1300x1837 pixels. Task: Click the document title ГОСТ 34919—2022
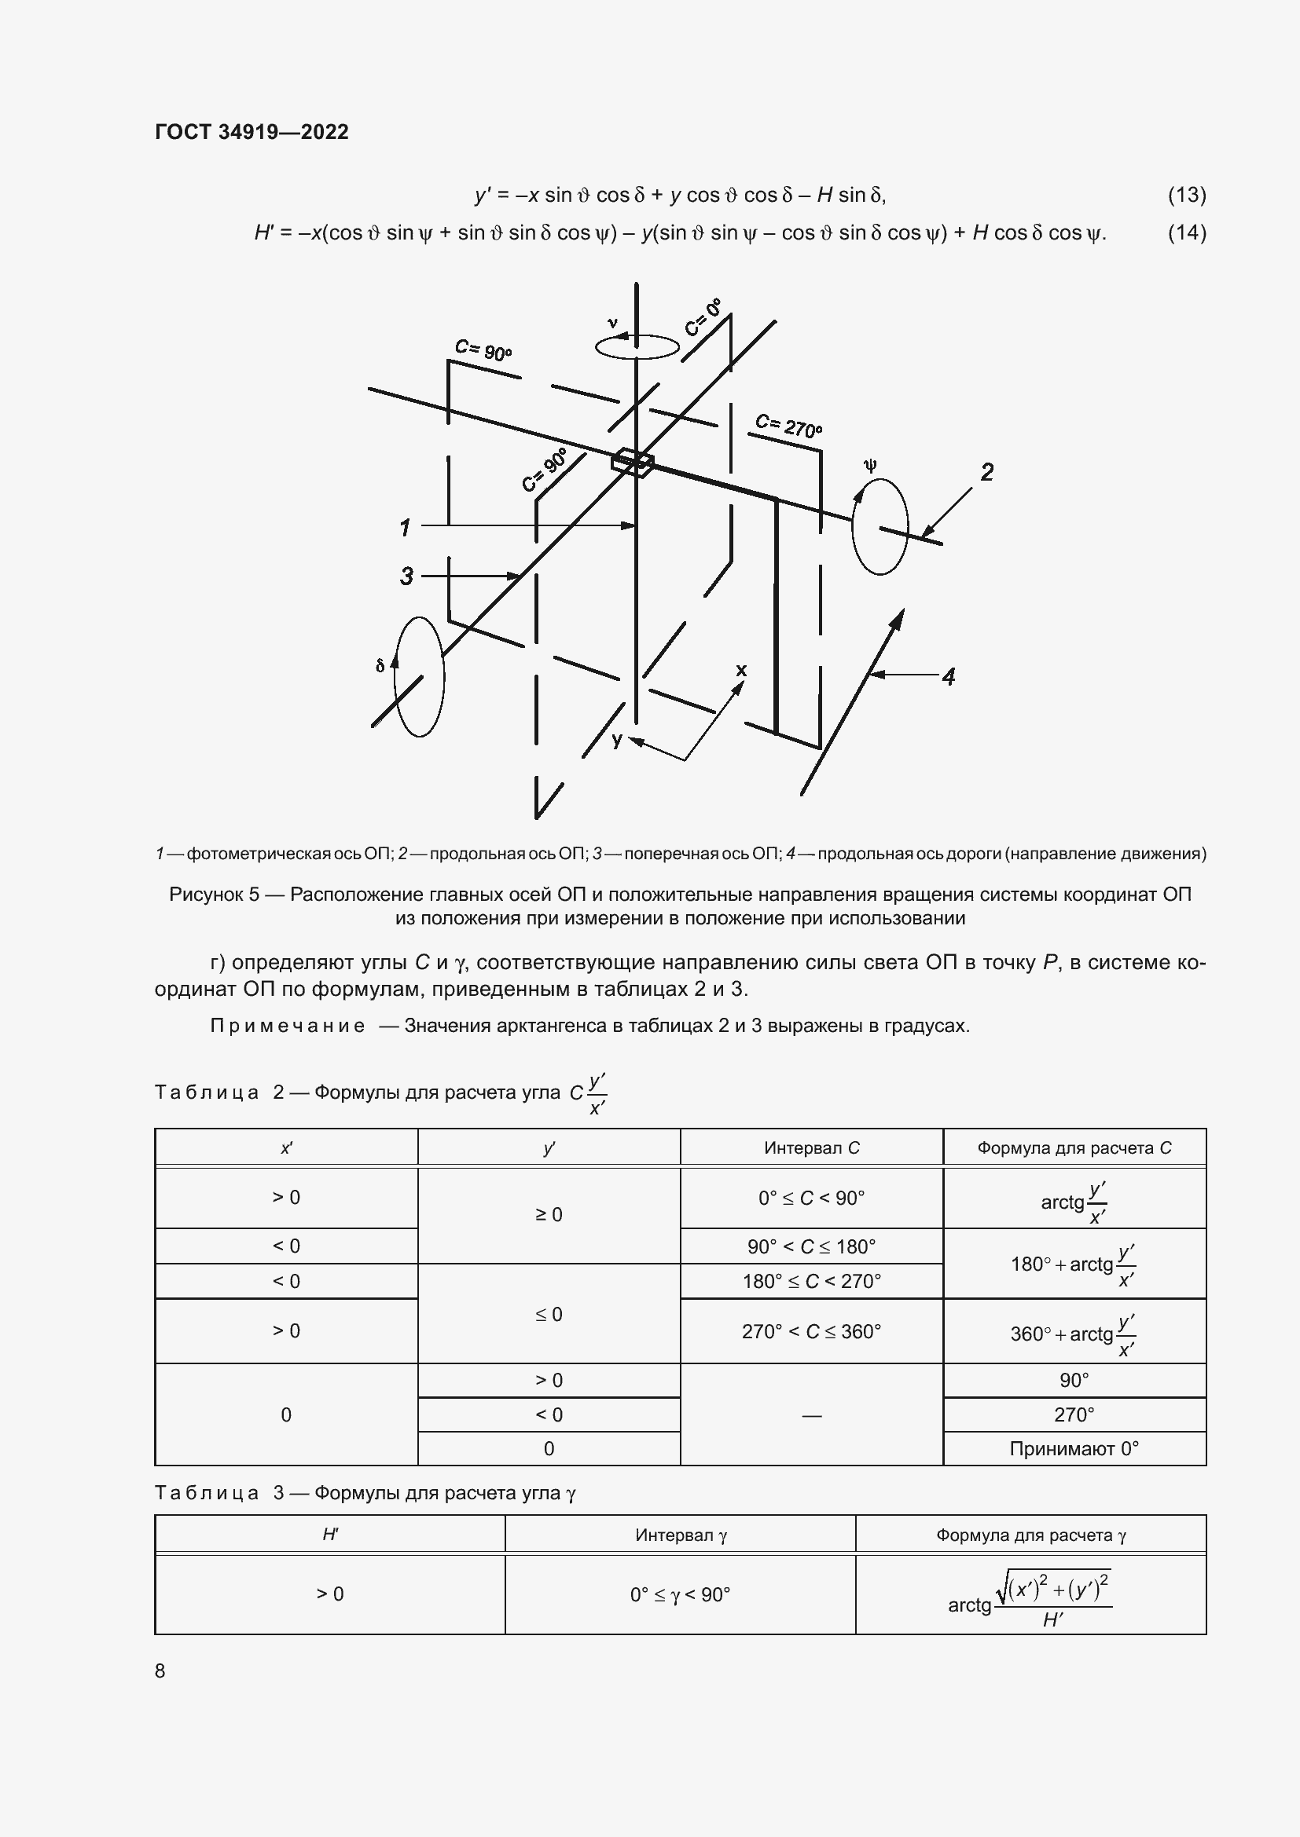tap(252, 132)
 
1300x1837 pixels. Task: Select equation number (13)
tap(1186, 195)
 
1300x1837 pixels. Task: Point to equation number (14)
tap(1186, 232)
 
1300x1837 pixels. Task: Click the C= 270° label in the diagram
tap(788, 426)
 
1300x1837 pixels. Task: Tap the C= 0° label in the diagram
tap(703, 317)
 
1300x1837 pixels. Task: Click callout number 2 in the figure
tap(987, 472)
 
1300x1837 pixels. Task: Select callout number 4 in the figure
tap(949, 677)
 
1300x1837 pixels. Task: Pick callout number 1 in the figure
tap(405, 527)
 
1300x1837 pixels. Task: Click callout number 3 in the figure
tap(406, 576)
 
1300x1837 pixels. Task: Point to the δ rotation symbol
tap(380, 665)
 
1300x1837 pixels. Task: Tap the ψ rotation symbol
tap(870, 465)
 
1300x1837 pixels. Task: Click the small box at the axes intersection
tap(633, 463)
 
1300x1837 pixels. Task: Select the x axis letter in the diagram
tap(741, 670)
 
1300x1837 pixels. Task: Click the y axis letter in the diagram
tap(616, 740)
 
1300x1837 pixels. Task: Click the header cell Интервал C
tap(811, 1148)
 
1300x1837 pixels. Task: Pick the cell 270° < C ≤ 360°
tap(811, 1332)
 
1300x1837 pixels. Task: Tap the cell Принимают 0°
tap(1074, 1449)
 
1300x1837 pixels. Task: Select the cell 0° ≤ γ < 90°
tap(680, 1594)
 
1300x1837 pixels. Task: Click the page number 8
tap(160, 1670)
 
